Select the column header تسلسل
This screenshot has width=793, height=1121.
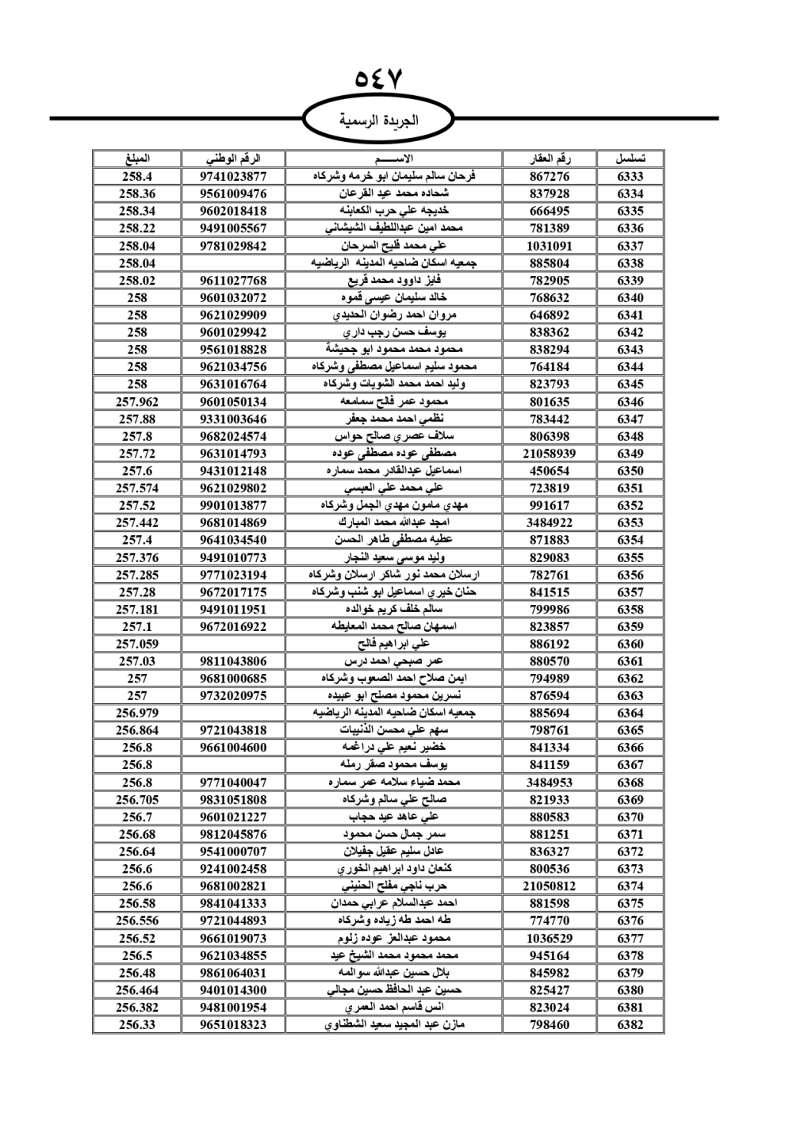point(630,159)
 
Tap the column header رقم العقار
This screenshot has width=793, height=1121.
point(549,159)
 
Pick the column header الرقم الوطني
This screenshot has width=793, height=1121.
point(233,159)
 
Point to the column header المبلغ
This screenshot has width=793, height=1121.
point(137,159)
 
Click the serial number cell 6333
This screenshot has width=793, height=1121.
point(630,177)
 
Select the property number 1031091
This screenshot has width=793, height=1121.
point(549,246)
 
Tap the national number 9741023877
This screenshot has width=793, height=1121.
point(233,177)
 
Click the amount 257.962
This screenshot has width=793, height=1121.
point(137,402)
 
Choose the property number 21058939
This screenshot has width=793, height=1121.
point(549,453)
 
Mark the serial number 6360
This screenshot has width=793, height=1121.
point(630,644)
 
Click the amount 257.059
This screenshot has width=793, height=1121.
point(137,644)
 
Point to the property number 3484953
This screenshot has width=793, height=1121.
point(549,782)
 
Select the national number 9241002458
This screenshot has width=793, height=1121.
point(233,869)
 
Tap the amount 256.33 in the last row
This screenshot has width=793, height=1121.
point(137,1024)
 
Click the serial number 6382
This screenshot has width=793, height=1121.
point(630,1024)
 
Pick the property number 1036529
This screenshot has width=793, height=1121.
point(549,938)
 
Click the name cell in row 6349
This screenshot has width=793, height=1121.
point(393,453)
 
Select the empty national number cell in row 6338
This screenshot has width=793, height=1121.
point(233,263)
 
